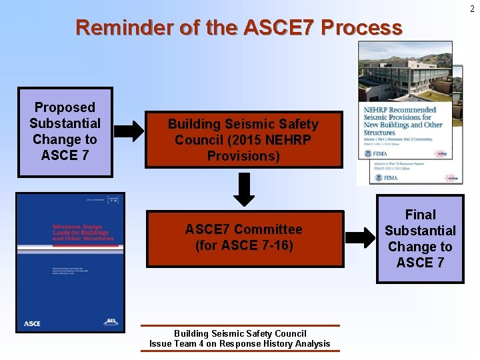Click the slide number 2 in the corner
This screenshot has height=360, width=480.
(x=473, y=9)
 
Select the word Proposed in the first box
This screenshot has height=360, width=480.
(x=65, y=107)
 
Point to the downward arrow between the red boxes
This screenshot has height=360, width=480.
(x=245, y=189)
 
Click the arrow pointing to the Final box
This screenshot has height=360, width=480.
(x=361, y=237)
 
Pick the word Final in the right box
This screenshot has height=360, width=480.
(x=420, y=215)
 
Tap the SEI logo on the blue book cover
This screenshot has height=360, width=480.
(x=111, y=322)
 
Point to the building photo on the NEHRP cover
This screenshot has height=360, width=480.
(x=405, y=73)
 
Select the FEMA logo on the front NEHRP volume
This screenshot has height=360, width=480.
(x=375, y=153)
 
